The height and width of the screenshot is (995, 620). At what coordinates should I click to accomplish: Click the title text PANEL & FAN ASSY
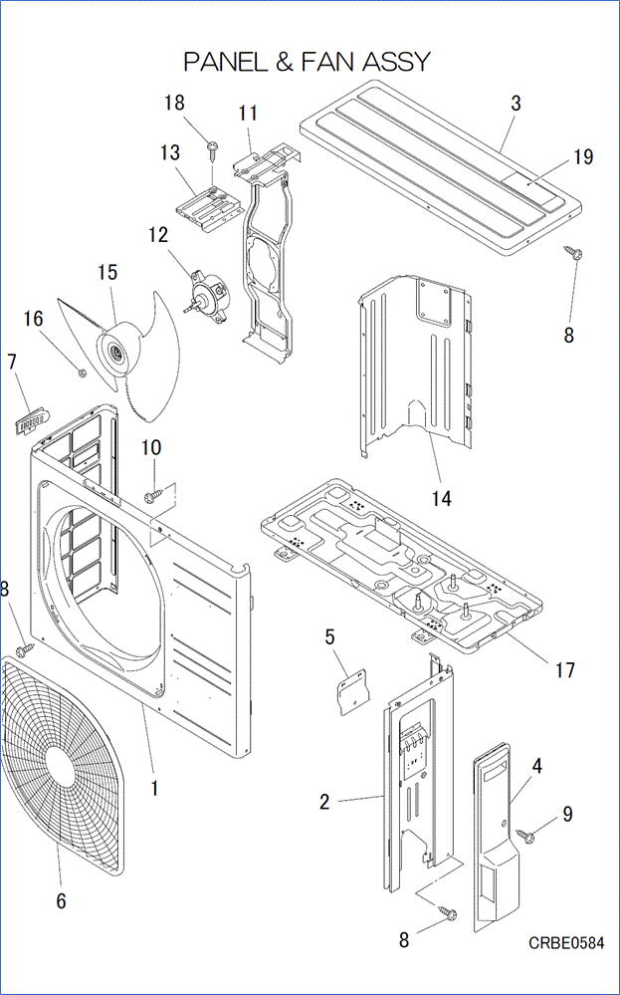(307, 62)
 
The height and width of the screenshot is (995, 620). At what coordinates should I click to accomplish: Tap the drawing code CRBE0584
(565, 943)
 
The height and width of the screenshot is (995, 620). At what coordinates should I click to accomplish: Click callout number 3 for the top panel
(516, 104)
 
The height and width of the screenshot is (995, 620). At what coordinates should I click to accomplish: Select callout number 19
(582, 157)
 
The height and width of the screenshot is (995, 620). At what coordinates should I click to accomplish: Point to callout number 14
(442, 498)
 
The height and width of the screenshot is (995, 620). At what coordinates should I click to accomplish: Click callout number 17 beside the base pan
(564, 670)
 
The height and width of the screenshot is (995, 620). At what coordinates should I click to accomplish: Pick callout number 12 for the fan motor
(158, 236)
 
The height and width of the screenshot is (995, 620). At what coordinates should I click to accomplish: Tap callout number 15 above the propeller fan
(106, 272)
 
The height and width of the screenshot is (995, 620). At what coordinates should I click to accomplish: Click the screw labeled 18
(213, 149)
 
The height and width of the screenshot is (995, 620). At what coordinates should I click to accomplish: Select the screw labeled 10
(152, 494)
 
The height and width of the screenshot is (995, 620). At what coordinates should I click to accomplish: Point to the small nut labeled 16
(82, 373)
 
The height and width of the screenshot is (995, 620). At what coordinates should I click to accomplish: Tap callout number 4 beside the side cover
(536, 766)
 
